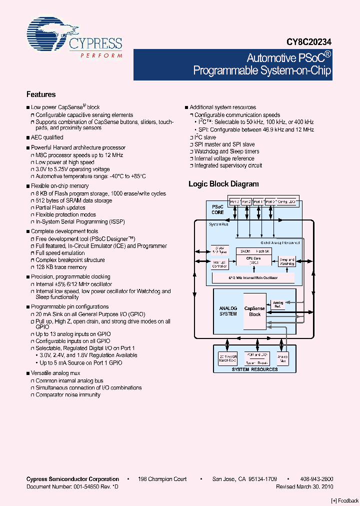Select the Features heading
[x=41, y=94]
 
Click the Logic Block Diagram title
[x=223, y=184]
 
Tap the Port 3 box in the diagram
[x=234, y=201]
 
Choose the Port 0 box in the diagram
[x=270, y=201]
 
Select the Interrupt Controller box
[x=219, y=264]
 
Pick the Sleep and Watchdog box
[x=286, y=260]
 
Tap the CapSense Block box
[x=255, y=311]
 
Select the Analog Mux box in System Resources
[x=283, y=358]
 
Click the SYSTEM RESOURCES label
[x=254, y=369]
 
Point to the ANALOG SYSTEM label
[x=228, y=311]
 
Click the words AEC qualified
[x=47, y=137]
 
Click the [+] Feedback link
[x=345, y=500]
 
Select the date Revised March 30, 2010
[x=304, y=486]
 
